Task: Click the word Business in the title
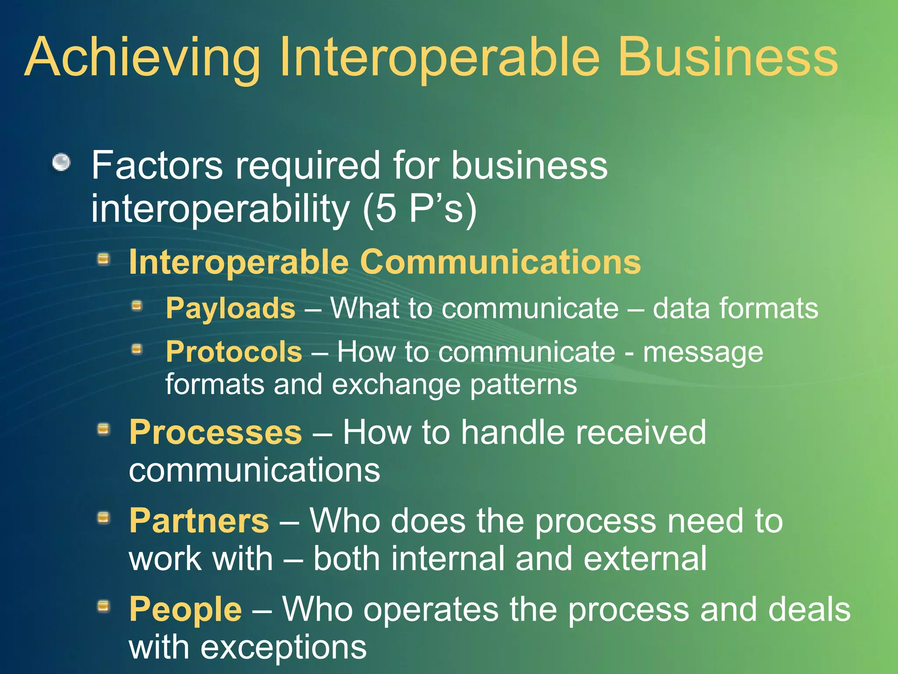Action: point(728,57)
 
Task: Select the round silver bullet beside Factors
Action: point(61,163)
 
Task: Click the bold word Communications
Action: point(500,262)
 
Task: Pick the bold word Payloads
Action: point(231,308)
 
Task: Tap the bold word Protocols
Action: point(234,352)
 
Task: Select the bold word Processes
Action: point(215,433)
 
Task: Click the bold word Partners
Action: point(199,521)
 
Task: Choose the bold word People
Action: point(185,609)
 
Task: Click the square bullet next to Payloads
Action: point(138,305)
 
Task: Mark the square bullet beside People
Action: point(103,606)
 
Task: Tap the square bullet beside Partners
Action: point(103,518)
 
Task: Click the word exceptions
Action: point(283,648)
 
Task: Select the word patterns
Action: point(524,385)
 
